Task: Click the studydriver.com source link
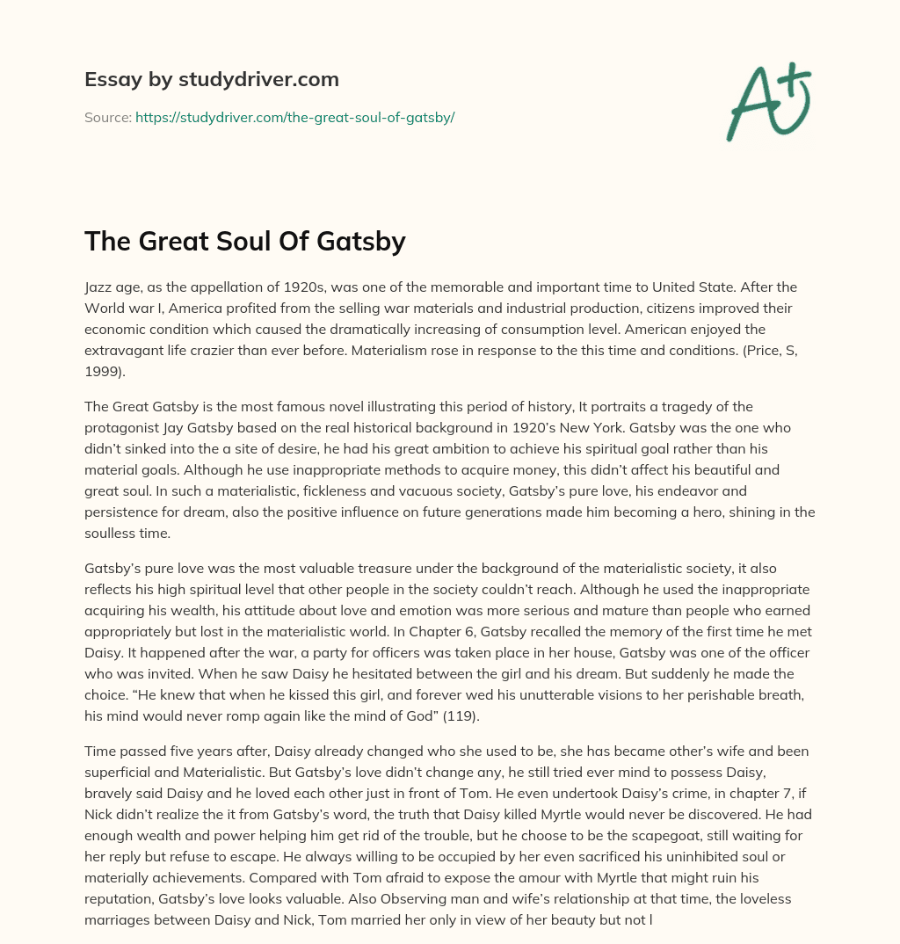[294, 117]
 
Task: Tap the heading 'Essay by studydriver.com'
[211, 79]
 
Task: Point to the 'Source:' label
[107, 117]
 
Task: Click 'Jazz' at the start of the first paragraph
[99, 287]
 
